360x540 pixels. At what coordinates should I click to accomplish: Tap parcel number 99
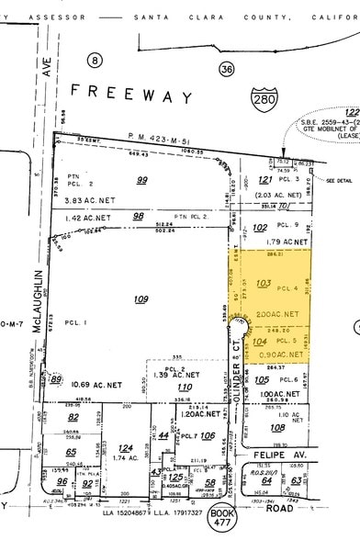pos(142,156)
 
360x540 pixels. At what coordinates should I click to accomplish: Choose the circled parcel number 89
pos(57,379)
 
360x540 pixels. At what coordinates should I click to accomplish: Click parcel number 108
pos(276,427)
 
